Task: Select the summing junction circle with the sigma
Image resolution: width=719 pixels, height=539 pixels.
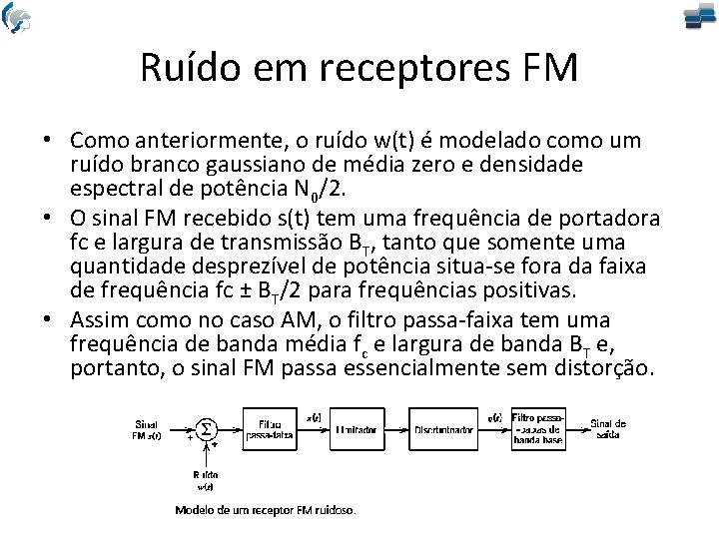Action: pyautogui.click(x=205, y=428)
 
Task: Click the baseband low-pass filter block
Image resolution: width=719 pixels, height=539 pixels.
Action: pyautogui.click(x=539, y=428)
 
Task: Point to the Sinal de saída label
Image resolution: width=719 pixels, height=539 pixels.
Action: pyautogui.click(x=608, y=428)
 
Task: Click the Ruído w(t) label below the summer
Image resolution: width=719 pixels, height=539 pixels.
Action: pyautogui.click(x=205, y=480)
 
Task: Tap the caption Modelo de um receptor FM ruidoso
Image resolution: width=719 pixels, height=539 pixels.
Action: pyautogui.click(x=265, y=510)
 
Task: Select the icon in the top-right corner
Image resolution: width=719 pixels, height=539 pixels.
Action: pyautogui.click(x=699, y=17)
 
